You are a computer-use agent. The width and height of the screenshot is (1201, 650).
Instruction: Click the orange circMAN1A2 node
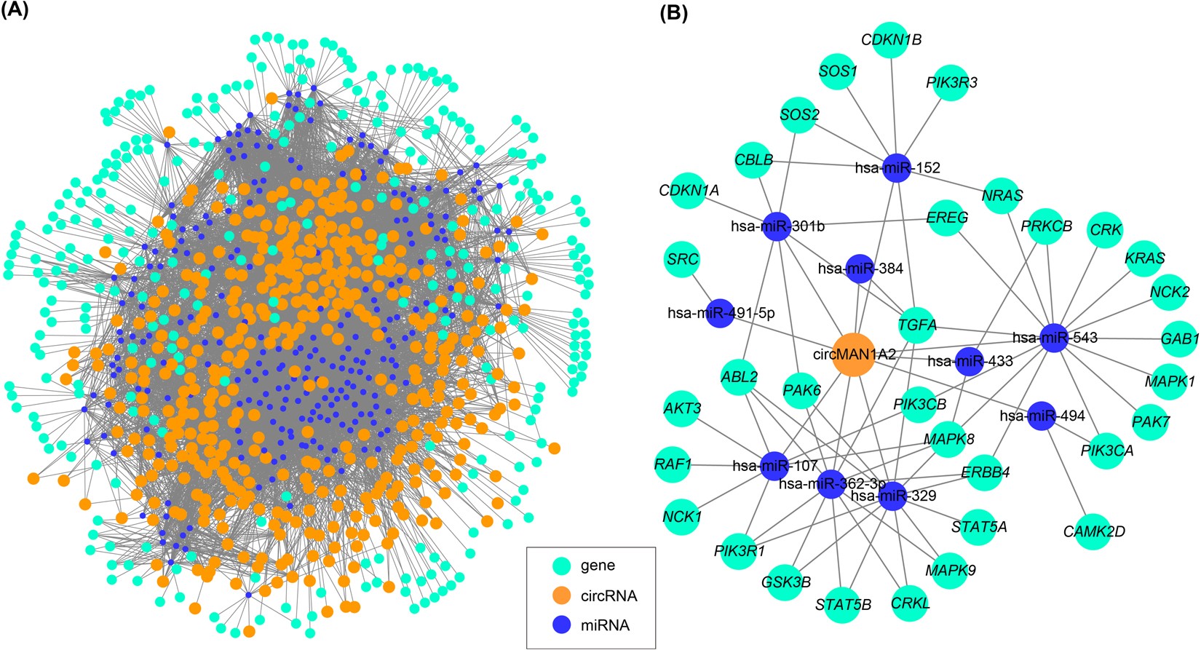click(853, 355)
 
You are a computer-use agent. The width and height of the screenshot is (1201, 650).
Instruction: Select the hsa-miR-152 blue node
click(897, 168)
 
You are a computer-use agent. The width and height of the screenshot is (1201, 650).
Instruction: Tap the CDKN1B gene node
click(892, 40)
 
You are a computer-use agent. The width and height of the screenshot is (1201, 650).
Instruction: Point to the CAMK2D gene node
click(1093, 531)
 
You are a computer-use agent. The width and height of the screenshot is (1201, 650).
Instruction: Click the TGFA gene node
click(917, 325)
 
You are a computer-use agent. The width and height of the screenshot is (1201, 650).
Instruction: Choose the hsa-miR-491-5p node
click(721, 314)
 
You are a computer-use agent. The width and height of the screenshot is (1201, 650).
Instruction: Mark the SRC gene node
click(683, 259)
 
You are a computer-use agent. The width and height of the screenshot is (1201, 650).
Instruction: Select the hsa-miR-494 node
click(1042, 416)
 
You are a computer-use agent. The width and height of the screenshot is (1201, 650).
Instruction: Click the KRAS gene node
click(1144, 258)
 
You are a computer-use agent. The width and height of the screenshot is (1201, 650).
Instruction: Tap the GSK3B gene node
click(786, 582)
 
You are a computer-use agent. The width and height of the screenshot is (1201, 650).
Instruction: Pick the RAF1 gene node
click(673, 464)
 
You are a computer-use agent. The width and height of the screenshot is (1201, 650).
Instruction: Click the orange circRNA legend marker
click(560, 595)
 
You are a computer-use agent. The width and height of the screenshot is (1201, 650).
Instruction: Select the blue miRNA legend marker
click(560, 625)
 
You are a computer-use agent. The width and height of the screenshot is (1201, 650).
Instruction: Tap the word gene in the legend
click(598, 566)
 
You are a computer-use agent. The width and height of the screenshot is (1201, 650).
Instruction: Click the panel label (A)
click(15, 12)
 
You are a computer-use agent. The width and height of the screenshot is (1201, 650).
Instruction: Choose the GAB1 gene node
click(1180, 338)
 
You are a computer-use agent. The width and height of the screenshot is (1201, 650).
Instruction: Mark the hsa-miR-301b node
click(777, 226)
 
